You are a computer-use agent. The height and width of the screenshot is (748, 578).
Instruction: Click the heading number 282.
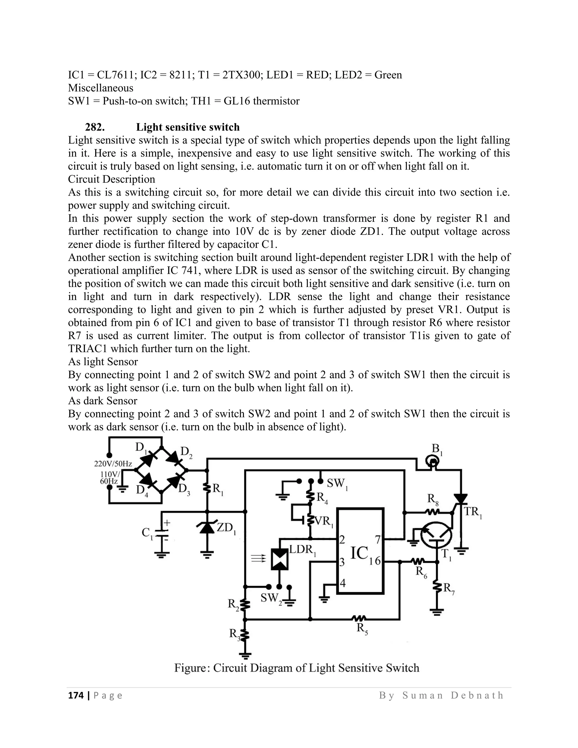(95, 127)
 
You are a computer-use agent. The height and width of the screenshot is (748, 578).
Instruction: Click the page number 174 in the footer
(76, 695)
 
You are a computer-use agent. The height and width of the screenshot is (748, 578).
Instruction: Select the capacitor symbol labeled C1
(162, 533)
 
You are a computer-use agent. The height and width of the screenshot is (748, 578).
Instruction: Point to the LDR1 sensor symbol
(279, 559)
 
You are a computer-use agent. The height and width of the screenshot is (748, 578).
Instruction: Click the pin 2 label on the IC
(342, 540)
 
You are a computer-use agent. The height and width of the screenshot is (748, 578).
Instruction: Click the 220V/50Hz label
(113, 464)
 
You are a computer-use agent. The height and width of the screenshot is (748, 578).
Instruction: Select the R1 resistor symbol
(207, 488)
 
